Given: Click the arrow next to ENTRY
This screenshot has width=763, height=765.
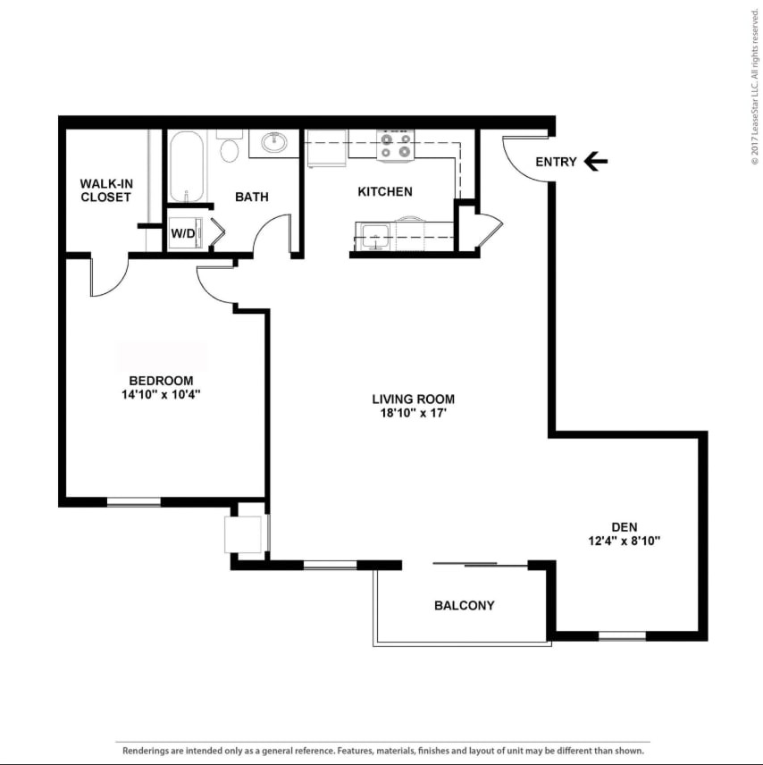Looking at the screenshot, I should click(x=596, y=162).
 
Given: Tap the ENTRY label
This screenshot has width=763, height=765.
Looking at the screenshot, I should click(x=556, y=162).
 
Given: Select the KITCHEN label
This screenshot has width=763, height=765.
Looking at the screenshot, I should click(x=385, y=191).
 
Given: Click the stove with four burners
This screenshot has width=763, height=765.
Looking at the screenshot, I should click(x=396, y=145).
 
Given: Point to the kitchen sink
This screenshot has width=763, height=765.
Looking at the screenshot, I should click(x=374, y=238).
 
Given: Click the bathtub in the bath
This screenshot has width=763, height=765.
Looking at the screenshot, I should click(x=187, y=167).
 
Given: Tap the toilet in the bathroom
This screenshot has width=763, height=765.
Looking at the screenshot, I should click(x=230, y=147).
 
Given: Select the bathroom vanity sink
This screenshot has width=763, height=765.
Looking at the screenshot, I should click(x=273, y=142).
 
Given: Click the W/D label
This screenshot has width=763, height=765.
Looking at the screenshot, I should click(x=182, y=234).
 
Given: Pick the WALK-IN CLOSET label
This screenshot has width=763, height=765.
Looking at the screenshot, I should click(x=106, y=190).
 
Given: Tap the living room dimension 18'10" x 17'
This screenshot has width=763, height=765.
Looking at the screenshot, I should click(x=414, y=414).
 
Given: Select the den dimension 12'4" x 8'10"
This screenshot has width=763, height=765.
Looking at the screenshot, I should click(x=624, y=541).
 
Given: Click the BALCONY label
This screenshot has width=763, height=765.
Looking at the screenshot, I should click(x=464, y=605).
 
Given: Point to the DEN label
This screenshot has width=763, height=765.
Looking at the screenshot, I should click(x=624, y=526).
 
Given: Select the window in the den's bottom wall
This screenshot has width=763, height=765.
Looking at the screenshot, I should click(x=622, y=636).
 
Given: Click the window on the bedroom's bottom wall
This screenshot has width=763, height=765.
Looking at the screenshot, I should click(x=134, y=502).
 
